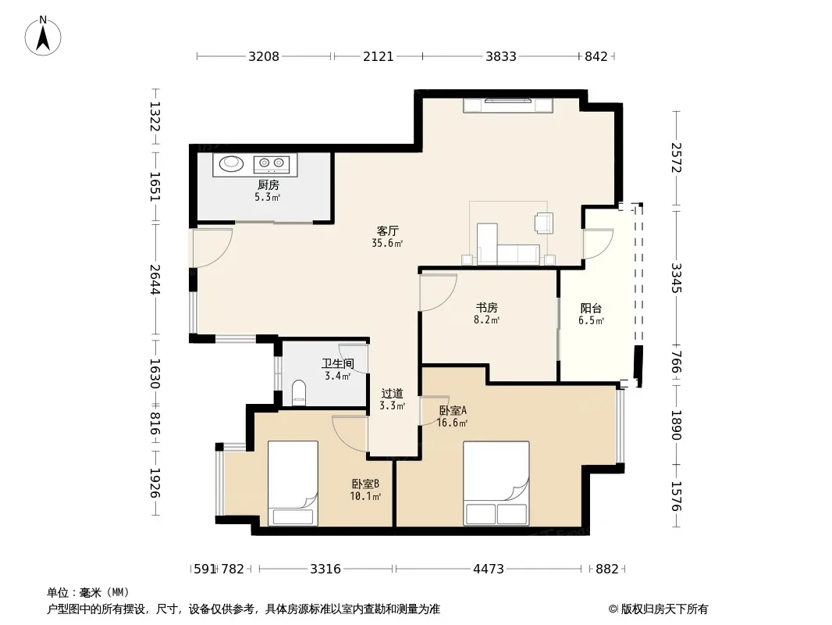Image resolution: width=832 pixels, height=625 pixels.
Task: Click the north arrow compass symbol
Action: coord(43,36)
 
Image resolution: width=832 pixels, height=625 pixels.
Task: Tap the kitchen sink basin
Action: coord(231,163)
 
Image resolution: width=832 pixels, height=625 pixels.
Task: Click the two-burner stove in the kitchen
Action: coord(271,163)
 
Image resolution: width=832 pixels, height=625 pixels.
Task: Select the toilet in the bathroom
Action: coord(299,392)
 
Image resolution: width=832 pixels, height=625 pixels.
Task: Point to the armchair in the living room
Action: coord(544,223)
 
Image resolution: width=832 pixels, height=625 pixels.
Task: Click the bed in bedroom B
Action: coord(293,483)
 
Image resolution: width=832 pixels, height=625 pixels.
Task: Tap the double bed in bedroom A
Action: coord(496,483)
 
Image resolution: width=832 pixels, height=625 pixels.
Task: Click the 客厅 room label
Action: coord(387,231)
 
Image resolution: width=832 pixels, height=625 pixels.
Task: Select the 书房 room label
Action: coord(486,308)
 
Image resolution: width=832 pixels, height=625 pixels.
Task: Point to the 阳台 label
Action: coord(591,308)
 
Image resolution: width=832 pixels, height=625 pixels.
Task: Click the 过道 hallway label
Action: coord(392,394)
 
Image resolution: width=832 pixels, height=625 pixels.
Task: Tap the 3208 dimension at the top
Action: coord(264,56)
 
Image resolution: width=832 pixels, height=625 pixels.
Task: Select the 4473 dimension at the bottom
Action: coord(488,570)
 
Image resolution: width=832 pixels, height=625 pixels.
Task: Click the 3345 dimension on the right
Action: coord(676,278)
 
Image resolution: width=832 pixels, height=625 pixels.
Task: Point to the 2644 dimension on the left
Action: coord(155,280)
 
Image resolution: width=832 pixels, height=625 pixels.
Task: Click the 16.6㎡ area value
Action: coord(452,423)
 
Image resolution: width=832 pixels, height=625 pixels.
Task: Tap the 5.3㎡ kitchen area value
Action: coord(268,197)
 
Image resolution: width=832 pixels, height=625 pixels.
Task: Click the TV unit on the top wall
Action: coord(508,105)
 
